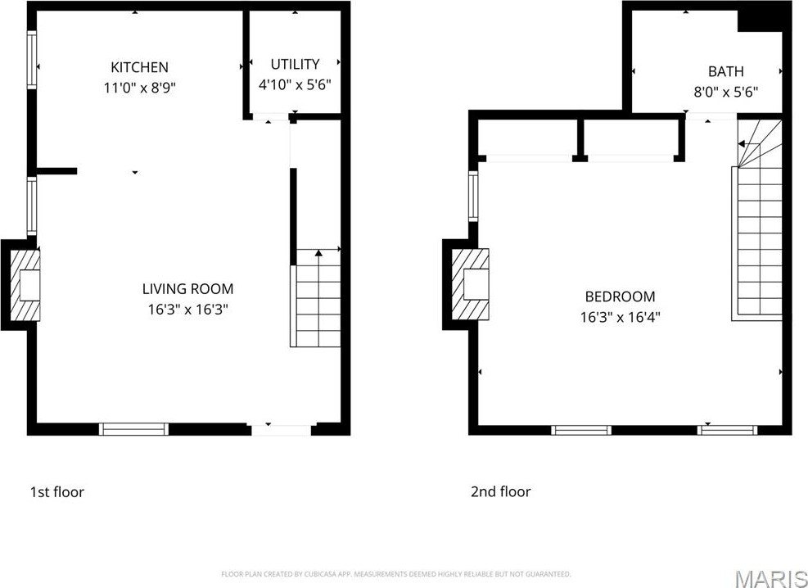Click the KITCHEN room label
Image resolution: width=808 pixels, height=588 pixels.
(x=140, y=67)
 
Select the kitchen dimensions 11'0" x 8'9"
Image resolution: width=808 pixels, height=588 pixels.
(x=140, y=88)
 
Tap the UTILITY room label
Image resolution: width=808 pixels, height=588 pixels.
(x=295, y=64)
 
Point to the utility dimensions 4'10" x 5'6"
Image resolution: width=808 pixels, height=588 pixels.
(x=294, y=84)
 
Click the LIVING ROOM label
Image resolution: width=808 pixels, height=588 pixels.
(x=187, y=288)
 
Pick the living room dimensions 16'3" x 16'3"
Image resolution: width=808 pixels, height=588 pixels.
(x=187, y=310)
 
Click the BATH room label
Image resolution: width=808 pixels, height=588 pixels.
(x=725, y=71)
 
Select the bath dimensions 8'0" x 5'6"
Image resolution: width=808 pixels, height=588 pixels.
(x=725, y=93)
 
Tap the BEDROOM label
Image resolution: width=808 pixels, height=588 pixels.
(x=620, y=296)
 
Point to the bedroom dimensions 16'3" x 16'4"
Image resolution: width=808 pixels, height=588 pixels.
(x=620, y=317)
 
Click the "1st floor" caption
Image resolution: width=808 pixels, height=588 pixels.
(x=56, y=492)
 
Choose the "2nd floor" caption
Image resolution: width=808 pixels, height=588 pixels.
(x=500, y=491)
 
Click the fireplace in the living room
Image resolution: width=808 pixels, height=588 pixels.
(x=25, y=284)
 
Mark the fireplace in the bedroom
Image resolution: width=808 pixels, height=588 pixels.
(x=471, y=284)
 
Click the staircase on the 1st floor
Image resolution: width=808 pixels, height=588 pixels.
(x=315, y=298)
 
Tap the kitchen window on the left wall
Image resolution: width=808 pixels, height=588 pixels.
(x=32, y=59)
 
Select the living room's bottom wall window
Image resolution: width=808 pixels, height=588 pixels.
(x=134, y=429)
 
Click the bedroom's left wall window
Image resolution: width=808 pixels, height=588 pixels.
(x=473, y=196)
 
